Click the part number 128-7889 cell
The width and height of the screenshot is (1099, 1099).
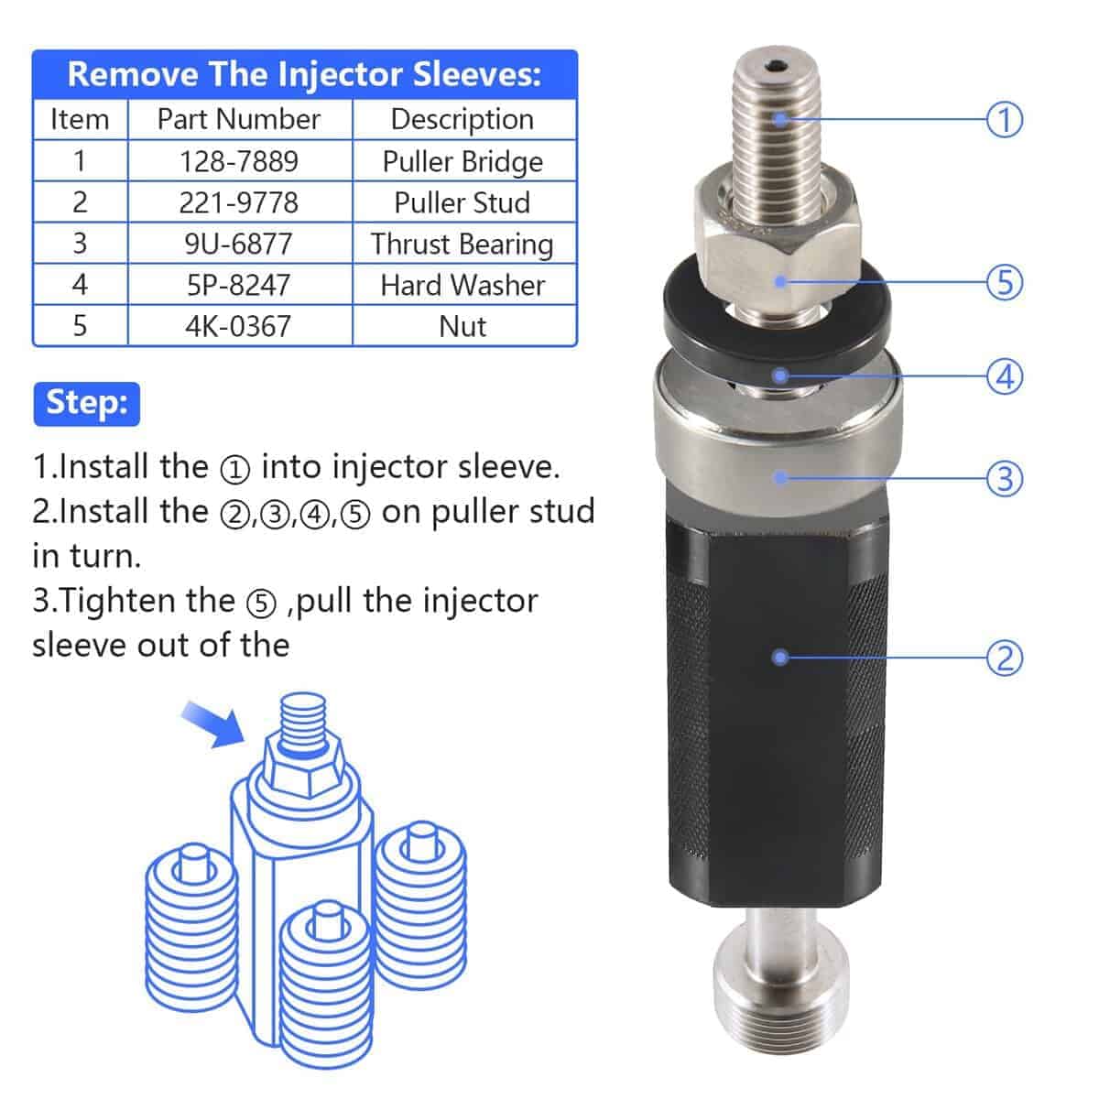click(239, 161)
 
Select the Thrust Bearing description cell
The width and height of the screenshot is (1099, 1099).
click(462, 244)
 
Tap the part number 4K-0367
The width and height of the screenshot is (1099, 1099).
click(239, 326)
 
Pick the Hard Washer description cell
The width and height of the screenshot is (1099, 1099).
click(462, 285)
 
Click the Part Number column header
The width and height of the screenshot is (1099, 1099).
click(239, 119)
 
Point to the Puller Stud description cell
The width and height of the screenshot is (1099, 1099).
click(462, 202)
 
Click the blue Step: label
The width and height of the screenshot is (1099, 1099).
click(87, 403)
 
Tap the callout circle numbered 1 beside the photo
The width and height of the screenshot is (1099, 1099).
click(1005, 119)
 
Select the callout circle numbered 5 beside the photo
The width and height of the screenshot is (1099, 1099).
click(1005, 281)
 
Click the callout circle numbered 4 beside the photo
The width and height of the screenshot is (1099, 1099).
click(1005, 375)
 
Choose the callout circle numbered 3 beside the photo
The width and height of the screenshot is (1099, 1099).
click(1005, 477)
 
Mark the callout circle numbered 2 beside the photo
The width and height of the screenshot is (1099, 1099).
click(1005, 657)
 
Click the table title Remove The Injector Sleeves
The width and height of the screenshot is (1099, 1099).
click(304, 74)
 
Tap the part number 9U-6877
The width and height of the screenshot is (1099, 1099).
click(239, 244)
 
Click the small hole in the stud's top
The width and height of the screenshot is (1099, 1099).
click(778, 66)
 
